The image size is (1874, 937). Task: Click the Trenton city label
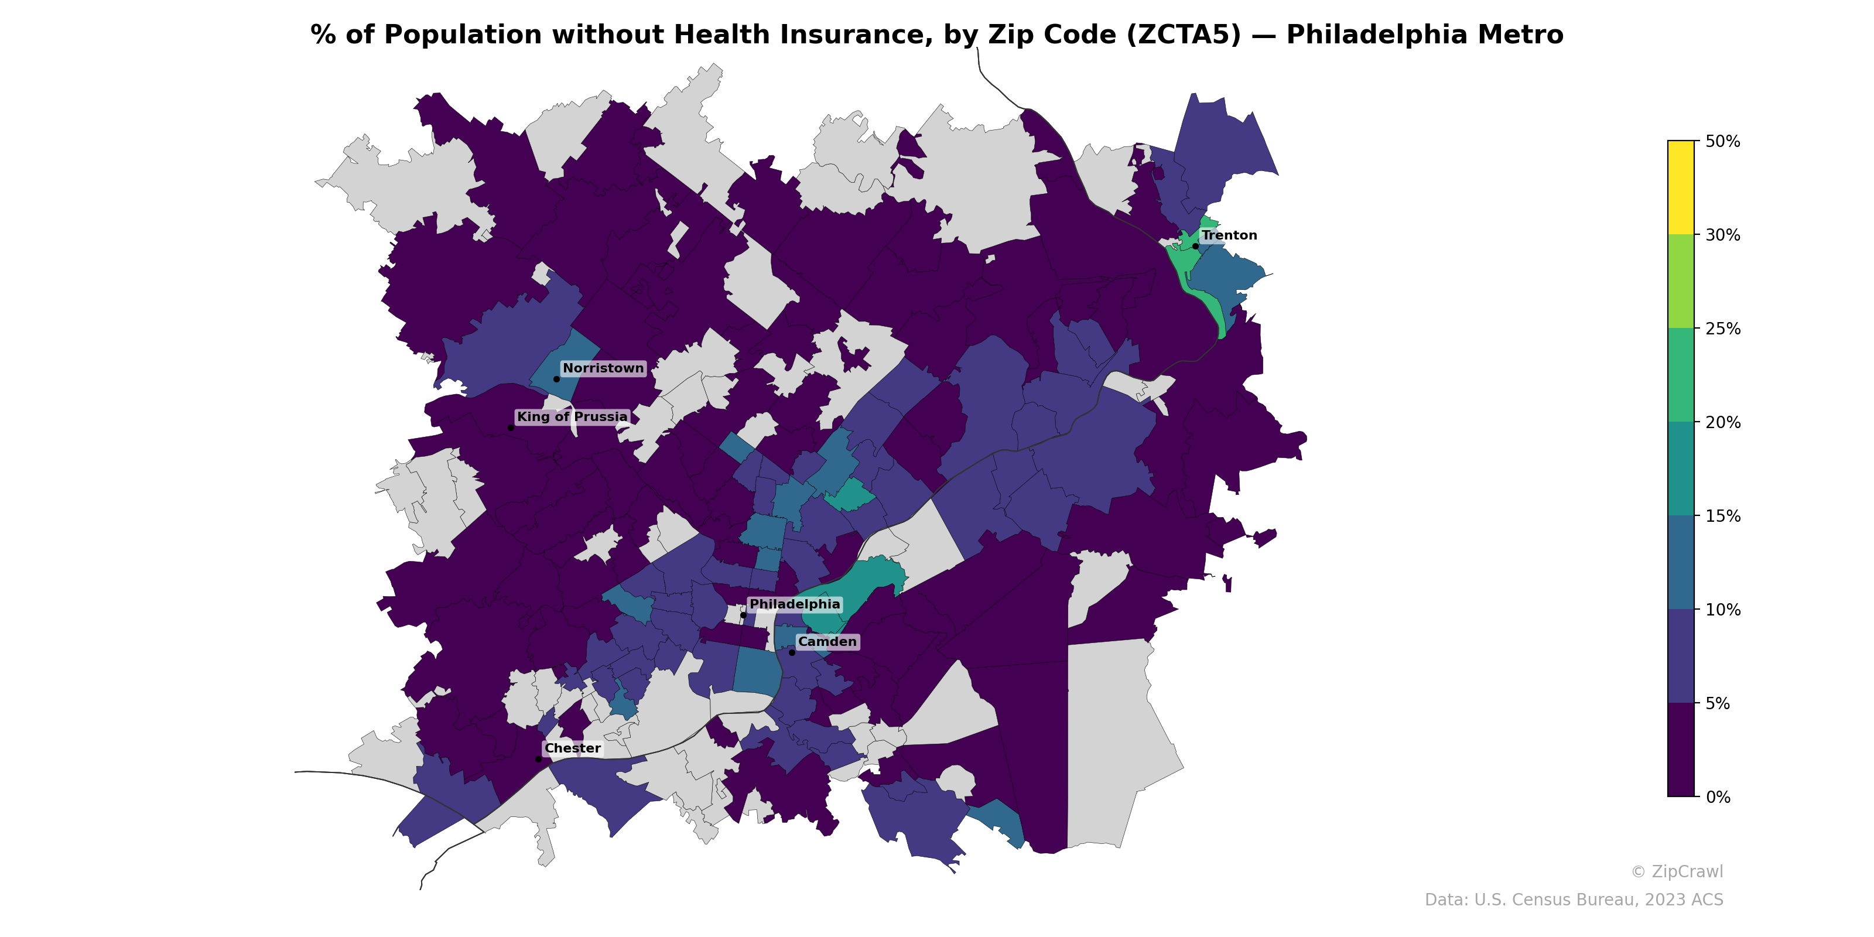[x=1229, y=235]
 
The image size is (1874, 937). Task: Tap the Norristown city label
[x=603, y=369]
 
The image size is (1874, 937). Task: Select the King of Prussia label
[x=572, y=417]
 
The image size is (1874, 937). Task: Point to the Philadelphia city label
[x=795, y=604]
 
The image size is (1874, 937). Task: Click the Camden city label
[x=827, y=642]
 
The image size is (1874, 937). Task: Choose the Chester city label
[x=573, y=748]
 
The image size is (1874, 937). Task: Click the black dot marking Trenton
[x=1195, y=247]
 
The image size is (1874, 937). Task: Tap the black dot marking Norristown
[x=556, y=379]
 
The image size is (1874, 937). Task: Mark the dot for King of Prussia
[x=511, y=428]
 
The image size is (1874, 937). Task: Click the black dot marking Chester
[x=538, y=760]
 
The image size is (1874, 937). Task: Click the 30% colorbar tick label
[x=1723, y=235]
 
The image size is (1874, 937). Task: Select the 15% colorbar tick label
[x=1723, y=517]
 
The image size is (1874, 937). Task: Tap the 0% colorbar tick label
[x=1718, y=797]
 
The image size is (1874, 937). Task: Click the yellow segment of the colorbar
[x=1681, y=187]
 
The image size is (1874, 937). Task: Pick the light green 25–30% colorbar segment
[x=1681, y=282]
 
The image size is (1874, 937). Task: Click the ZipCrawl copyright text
[x=1677, y=871]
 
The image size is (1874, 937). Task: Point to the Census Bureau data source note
[x=1574, y=900]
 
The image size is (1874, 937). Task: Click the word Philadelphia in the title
[x=1424, y=35]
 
